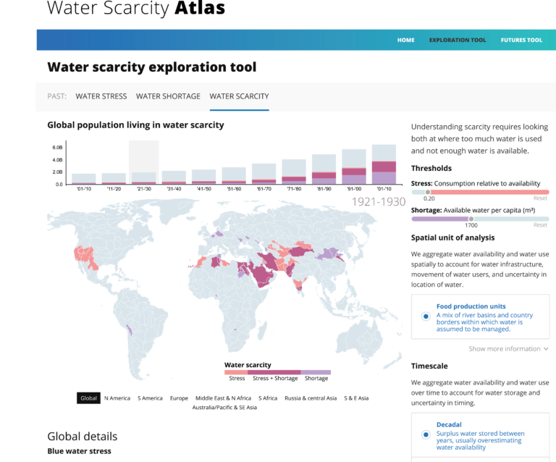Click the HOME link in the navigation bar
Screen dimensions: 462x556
pos(405,40)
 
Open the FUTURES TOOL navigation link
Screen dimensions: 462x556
pos(521,40)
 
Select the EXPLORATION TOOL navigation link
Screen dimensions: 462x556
pos(458,40)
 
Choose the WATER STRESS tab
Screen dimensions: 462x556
pos(101,96)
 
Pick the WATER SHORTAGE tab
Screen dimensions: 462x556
pos(168,96)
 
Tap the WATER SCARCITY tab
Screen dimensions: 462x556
pos(239,96)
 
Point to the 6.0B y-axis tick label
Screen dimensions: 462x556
pos(57,147)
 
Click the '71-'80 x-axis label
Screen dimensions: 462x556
pos(294,190)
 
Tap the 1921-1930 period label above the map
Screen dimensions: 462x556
pos(378,202)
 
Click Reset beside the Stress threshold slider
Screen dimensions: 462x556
pos(540,198)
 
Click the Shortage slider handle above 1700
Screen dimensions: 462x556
pos(471,218)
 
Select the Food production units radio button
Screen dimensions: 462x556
pos(426,316)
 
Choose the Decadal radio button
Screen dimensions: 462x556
pos(426,434)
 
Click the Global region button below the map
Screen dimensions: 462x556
pos(88,398)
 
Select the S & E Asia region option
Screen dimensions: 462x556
pos(355,398)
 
